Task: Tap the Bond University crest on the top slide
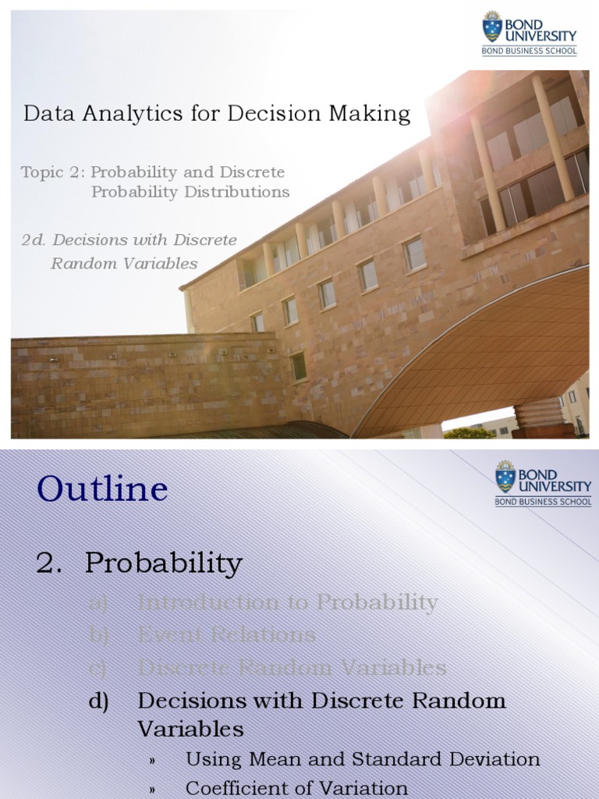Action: coord(492,27)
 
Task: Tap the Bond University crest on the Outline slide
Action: coord(505,477)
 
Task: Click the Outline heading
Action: coord(101,489)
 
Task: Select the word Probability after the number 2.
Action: coord(164,563)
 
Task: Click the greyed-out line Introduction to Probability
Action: coord(287,602)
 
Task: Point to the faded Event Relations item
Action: coord(226,634)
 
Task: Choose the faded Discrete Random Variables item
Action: coord(292,667)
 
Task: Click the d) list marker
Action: coord(98,700)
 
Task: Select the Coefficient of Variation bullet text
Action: coord(296,788)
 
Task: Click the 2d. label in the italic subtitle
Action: coord(34,240)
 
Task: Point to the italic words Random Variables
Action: coord(124,264)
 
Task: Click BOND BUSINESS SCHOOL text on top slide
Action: coord(530,51)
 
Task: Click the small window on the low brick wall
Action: coord(298,366)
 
